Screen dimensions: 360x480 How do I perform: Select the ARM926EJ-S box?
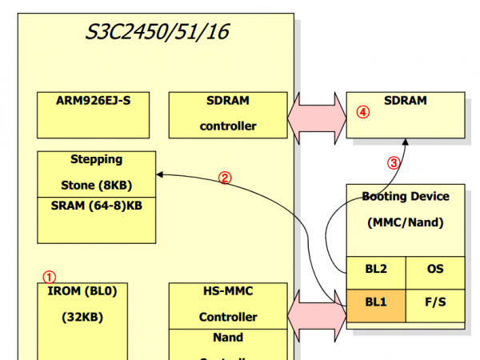click(93, 114)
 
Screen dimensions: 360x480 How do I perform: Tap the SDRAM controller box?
click(228, 114)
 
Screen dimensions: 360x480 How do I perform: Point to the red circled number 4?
click(362, 113)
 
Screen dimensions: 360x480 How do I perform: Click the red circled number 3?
click(393, 162)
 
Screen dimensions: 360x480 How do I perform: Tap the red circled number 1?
click(49, 276)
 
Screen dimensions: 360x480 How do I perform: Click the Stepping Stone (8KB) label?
click(96, 173)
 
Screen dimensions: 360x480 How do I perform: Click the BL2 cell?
click(375, 270)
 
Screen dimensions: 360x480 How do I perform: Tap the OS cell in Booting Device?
click(434, 270)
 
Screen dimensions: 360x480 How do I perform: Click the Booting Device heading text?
click(405, 196)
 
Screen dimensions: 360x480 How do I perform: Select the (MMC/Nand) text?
click(405, 222)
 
